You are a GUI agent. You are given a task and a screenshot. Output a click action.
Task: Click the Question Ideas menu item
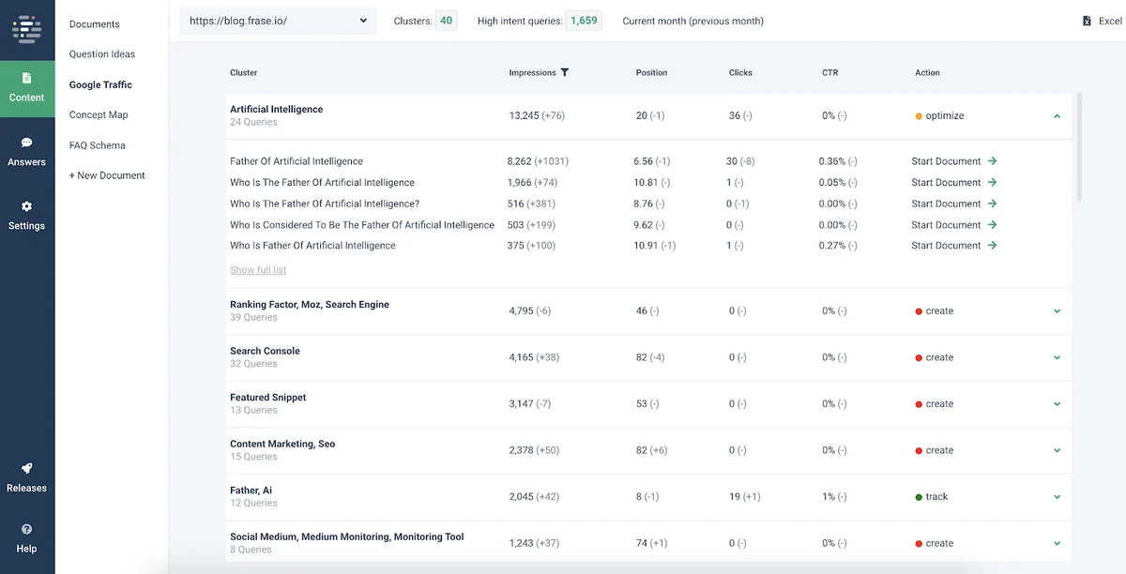(x=102, y=53)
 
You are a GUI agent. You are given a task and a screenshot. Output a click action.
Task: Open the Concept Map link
(x=99, y=114)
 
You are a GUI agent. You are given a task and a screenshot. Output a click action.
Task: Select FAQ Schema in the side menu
(x=97, y=145)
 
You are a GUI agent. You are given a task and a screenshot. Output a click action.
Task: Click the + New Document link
(x=107, y=175)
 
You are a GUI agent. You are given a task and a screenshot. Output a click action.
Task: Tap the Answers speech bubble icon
(x=26, y=143)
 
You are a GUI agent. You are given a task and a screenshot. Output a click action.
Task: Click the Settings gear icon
(x=26, y=206)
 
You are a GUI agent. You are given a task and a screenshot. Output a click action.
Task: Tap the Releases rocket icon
(x=26, y=468)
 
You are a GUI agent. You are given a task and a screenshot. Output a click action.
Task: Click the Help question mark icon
(x=26, y=529)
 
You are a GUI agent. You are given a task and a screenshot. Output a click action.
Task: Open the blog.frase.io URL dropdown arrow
(x=363, y=21)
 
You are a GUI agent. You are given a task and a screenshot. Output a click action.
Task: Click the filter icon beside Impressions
(x=565, y=72)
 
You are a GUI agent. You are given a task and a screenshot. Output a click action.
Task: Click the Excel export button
(x=1102, y=21)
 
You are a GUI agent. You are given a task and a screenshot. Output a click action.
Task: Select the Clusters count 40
(x=446, y=21)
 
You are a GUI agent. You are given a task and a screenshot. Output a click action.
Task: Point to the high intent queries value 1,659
(x=584, y=21)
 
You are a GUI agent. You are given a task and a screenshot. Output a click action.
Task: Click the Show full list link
(x=258, y=269)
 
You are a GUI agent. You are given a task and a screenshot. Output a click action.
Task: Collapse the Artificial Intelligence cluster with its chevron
(x=1057, y=116)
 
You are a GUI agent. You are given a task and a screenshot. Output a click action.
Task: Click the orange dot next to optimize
(x=919, y=116)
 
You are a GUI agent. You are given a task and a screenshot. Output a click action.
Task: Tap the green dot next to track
(x=919, y=497)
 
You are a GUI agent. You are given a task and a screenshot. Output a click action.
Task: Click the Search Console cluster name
(x=265, y=351)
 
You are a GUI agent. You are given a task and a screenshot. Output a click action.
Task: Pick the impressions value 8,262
(x=519, y=161)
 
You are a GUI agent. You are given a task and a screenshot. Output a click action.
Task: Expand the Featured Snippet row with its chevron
(x=1057, y=404)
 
